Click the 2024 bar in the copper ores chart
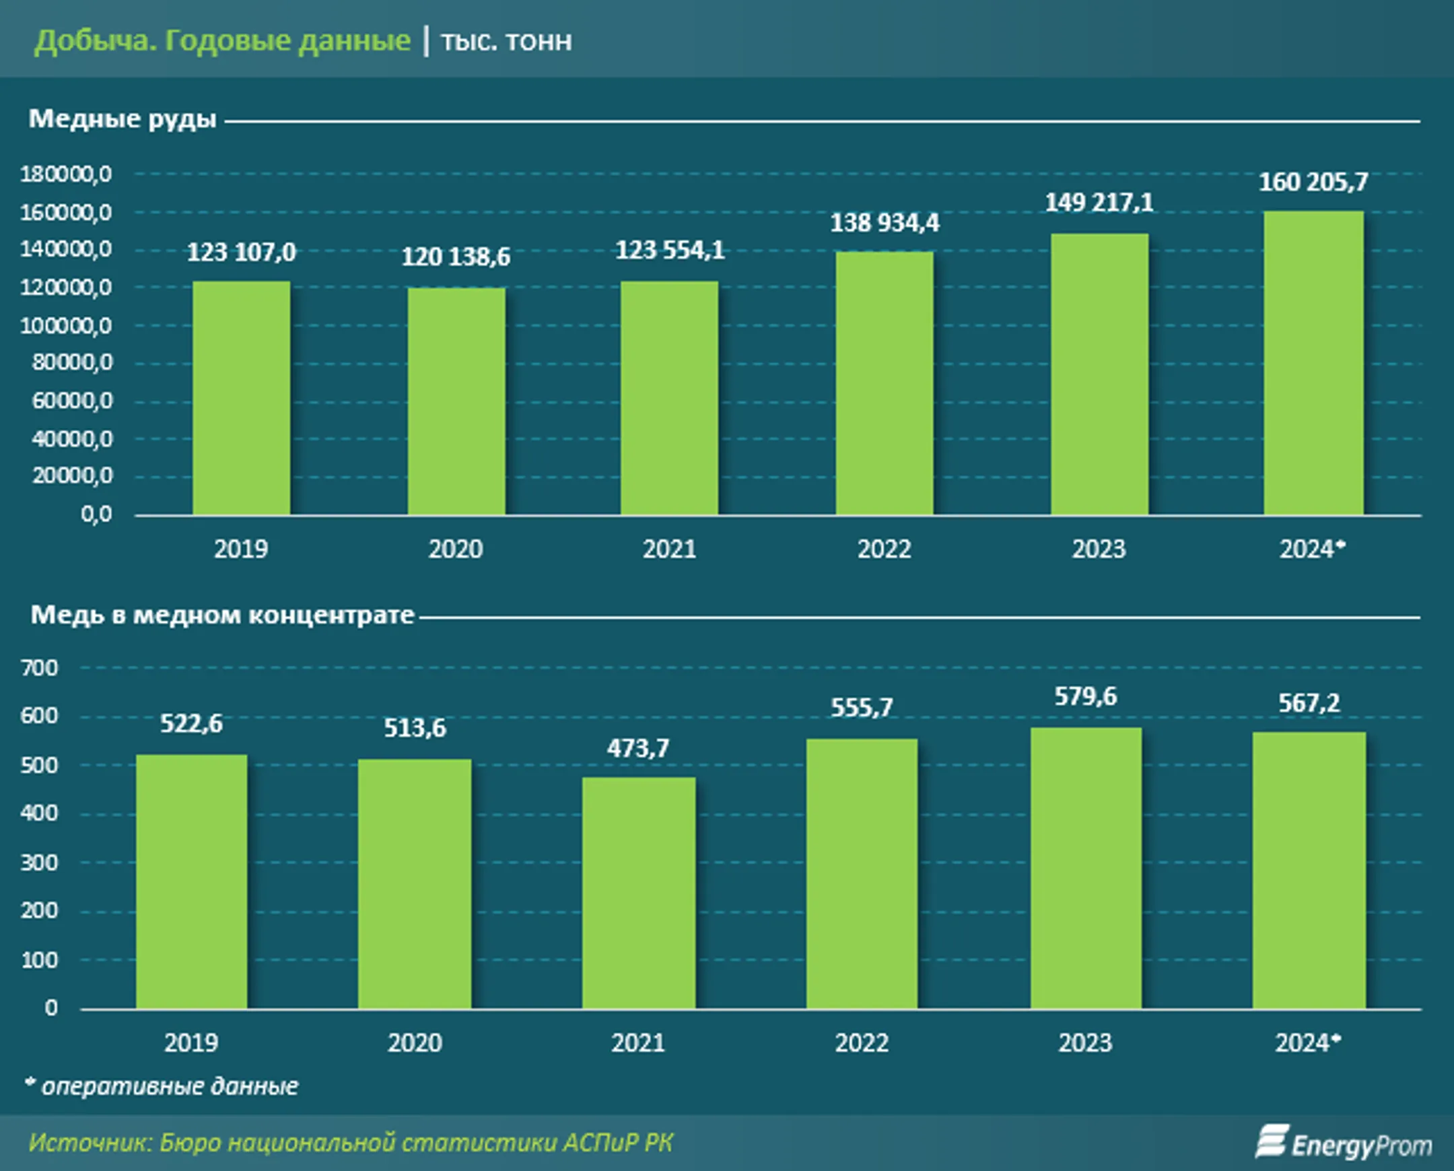1313,364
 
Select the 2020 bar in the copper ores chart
456,402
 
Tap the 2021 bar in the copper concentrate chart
639,893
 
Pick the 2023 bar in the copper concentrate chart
1086,868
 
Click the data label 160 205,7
1313,182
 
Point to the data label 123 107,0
242,253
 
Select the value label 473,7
638,748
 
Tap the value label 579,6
1086,697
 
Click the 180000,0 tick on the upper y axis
66,174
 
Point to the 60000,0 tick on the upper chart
71,401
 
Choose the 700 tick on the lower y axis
39,669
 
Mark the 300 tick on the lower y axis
39,863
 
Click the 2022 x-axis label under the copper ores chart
884,549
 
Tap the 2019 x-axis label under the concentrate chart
192,1043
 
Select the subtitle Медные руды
123,119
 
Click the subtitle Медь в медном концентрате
223,615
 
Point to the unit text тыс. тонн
506,42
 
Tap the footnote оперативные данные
169,1087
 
